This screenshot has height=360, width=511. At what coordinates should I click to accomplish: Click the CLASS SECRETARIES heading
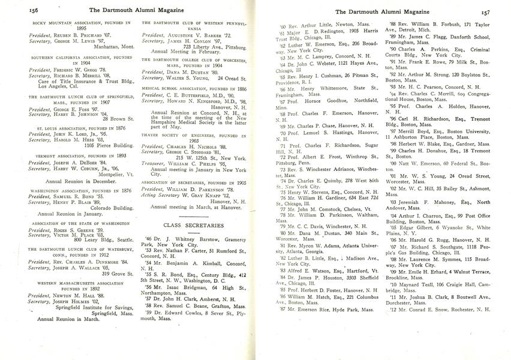coord(194,225)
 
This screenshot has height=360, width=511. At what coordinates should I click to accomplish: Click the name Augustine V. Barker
coord(191,35)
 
